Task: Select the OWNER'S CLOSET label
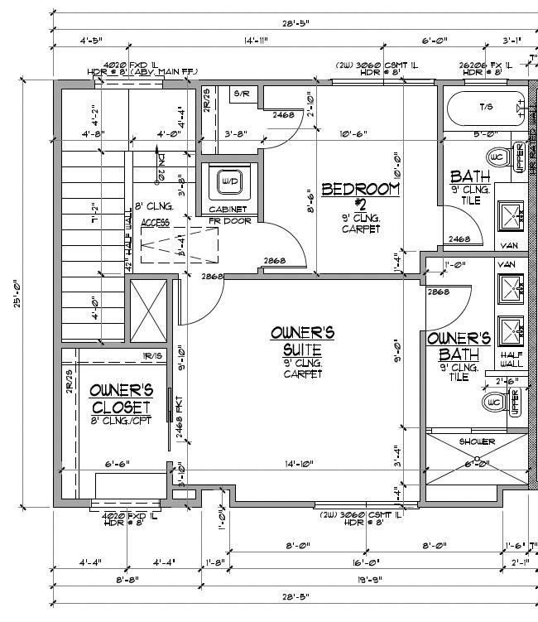tap(121, 398)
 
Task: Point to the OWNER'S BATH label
tap(459, 345)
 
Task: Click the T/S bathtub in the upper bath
tap(484, 107)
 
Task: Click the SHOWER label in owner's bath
tap(477, 441)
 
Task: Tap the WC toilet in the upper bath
tap(497, 157)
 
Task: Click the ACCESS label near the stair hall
tap(155, 223)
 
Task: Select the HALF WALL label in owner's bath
tap(511, 357)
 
